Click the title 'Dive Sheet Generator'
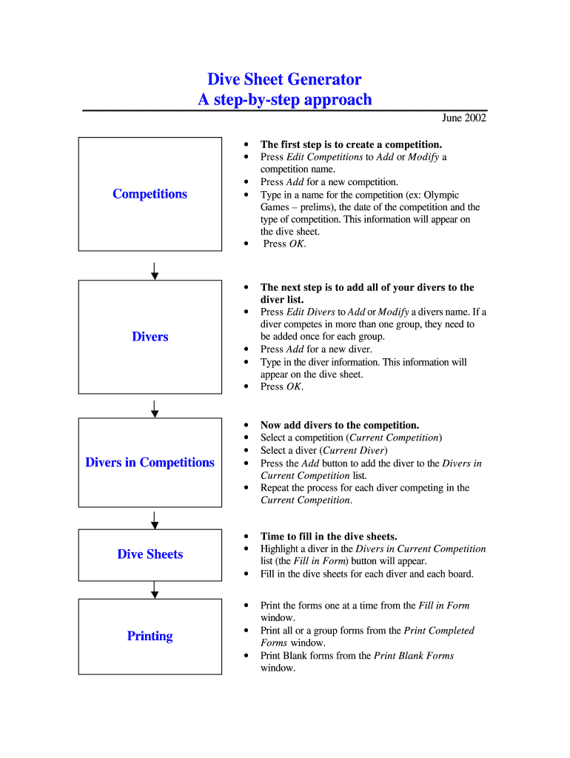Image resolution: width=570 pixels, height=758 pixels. coord(284,79)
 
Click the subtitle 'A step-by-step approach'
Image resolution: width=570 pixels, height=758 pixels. coord(284,100)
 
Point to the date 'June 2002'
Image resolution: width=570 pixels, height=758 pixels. coord(463,118)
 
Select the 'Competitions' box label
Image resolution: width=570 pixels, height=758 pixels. coord(150,194)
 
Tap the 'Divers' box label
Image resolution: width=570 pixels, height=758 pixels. coord(150,337)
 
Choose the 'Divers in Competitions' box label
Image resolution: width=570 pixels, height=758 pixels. coord(150,463)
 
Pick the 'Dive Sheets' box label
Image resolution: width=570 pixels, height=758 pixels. coord(150,554)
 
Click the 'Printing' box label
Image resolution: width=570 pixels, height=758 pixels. coord(150,636)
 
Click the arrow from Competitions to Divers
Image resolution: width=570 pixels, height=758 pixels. coord(155,270)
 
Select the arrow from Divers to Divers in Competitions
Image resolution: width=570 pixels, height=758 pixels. coord(155,409)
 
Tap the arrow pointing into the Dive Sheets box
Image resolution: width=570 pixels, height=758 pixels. coord(155,520)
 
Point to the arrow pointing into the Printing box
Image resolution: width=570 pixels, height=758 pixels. coord(155,589)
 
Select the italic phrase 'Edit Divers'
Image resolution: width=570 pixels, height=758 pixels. coord(310,312)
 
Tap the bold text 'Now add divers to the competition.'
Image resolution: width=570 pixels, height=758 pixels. coord(340,425)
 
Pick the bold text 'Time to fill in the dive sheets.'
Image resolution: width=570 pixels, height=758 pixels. coord(329,536)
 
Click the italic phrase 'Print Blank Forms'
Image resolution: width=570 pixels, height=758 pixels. coord(414,656)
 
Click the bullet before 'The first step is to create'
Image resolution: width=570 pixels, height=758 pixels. coord(245,145)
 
